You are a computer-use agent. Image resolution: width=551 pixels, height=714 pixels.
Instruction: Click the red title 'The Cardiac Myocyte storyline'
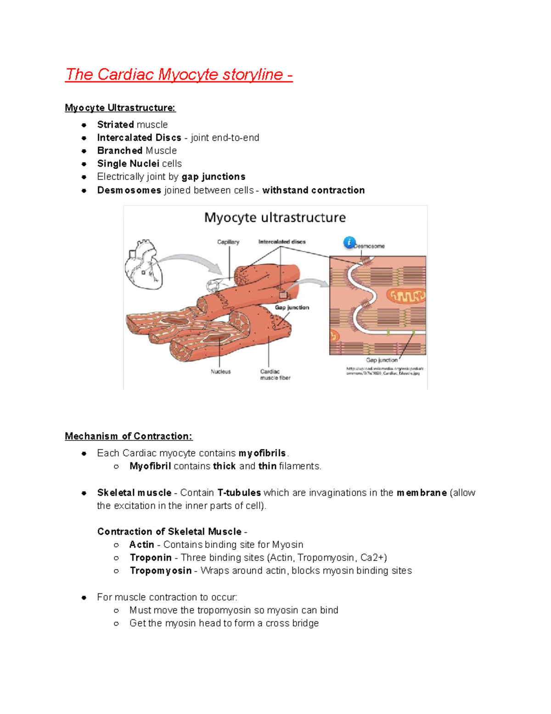tap(178, 74)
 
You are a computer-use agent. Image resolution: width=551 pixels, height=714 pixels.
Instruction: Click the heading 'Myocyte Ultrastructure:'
tap(120, 108)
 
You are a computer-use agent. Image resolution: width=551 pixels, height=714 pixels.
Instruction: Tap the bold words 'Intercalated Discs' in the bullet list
tap(139, 138)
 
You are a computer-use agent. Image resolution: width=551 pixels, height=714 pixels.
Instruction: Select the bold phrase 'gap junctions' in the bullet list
tap(214, 177)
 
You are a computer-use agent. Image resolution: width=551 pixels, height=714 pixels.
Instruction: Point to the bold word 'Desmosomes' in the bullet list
tap(129, 190)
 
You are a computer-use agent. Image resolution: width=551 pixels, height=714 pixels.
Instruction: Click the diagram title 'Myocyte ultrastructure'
tap(275, 217)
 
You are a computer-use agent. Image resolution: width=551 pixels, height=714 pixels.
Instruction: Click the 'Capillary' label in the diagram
tap(228, 242)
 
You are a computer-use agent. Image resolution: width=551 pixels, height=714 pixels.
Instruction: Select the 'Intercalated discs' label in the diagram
tap(282, 242)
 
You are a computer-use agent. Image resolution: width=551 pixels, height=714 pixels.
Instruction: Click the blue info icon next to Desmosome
tap(349, 242)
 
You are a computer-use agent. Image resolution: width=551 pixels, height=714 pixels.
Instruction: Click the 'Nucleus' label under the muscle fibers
tap(220, 371)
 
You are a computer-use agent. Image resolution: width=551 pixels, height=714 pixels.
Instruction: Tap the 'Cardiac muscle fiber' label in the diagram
tap(275, 374)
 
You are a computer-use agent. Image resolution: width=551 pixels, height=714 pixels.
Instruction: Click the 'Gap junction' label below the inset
tap(382, 360)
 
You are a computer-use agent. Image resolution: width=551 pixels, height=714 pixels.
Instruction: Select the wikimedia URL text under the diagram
tap(384, 371)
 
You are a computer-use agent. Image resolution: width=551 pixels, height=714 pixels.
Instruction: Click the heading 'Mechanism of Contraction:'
tap(129, 436)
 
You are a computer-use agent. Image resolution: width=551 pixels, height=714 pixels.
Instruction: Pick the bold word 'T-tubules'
tap(239, 493)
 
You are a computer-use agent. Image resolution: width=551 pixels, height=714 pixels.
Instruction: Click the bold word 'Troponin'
tap(151, 558)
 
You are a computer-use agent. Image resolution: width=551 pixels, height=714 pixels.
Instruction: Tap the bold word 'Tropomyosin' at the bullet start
tap(160, 571)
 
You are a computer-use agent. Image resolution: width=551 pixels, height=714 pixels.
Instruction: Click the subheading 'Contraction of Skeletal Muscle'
tap(169, 532)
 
